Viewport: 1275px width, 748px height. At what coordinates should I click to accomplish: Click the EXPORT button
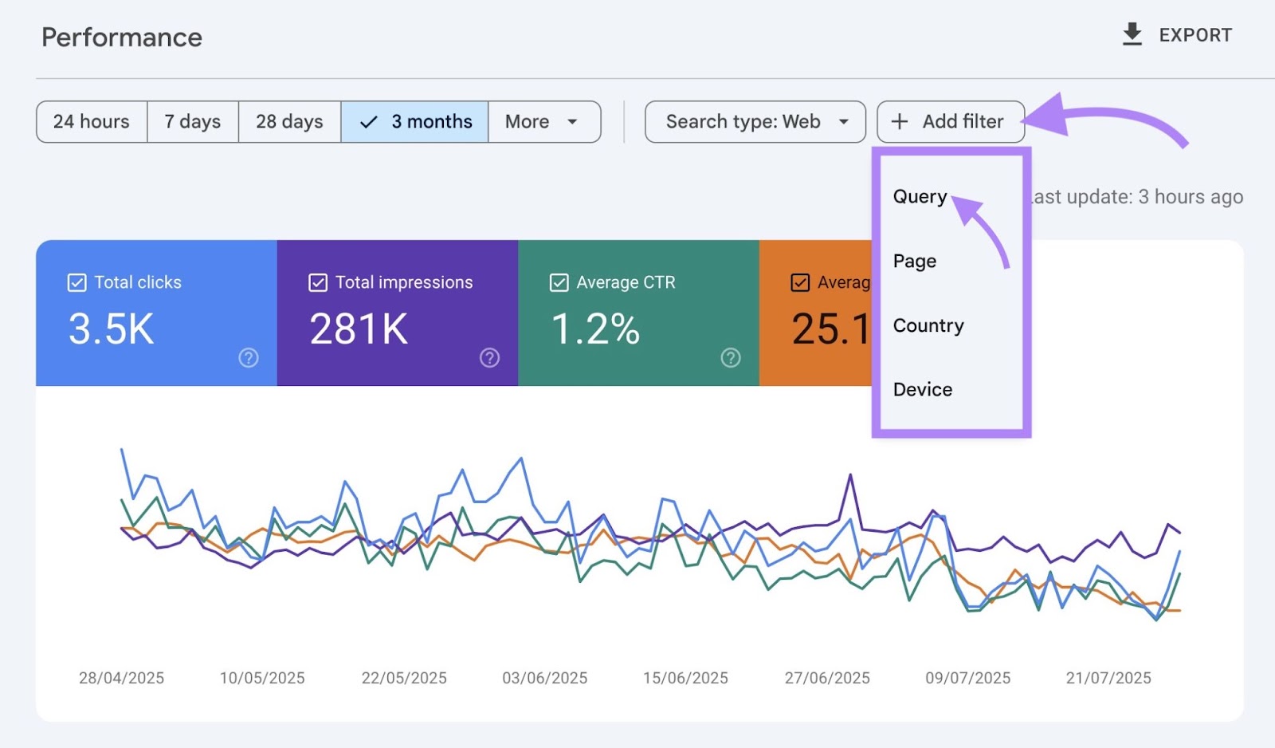coord(1177,35)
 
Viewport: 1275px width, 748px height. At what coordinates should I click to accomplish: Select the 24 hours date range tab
coord(92,121)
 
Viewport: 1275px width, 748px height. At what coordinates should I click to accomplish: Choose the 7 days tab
coord(193,121)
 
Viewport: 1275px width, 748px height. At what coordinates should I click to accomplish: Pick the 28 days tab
coord(289,121)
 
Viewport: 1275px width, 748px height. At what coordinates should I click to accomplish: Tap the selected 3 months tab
coord(415,121)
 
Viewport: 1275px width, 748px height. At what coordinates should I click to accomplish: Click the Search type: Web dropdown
coord(755,121)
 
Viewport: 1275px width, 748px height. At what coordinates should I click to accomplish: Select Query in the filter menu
coord(920,196)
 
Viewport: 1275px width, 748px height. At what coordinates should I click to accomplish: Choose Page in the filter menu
coord(914,261)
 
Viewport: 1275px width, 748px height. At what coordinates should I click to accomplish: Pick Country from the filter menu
coord(928,325)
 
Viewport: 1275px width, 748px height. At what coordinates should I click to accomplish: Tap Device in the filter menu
coord(922,389)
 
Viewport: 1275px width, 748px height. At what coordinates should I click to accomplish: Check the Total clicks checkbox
coord(77,282)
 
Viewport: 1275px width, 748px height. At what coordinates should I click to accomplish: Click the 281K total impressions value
coord(359,329)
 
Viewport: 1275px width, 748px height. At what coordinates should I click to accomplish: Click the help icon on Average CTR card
coord(730,357)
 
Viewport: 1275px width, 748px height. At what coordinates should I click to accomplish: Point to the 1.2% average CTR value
coord(595,329)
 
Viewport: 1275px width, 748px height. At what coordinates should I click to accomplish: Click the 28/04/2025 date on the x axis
coord(121,678)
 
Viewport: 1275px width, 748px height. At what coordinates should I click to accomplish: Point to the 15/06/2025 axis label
coord(685,678)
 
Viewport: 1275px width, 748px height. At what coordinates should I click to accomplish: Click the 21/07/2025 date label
coord(1108,678)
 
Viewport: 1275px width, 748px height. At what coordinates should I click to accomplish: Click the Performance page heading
coord(122,37)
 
